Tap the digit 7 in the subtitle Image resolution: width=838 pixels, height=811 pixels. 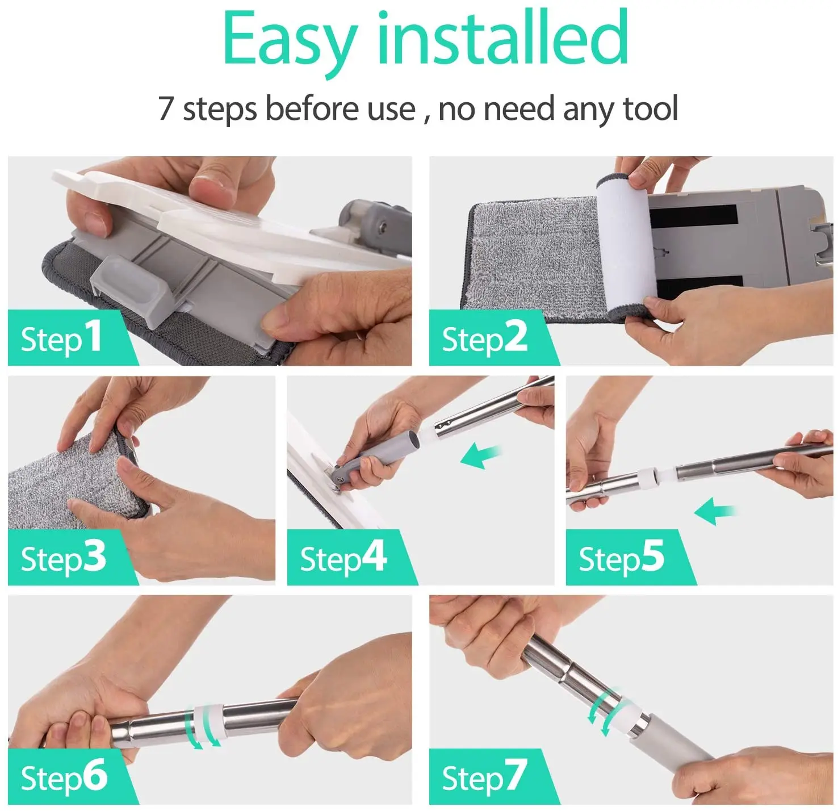166,108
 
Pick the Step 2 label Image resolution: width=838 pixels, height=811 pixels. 484,337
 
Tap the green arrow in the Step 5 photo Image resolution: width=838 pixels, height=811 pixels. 715,511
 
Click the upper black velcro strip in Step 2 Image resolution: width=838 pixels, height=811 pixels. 693,215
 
